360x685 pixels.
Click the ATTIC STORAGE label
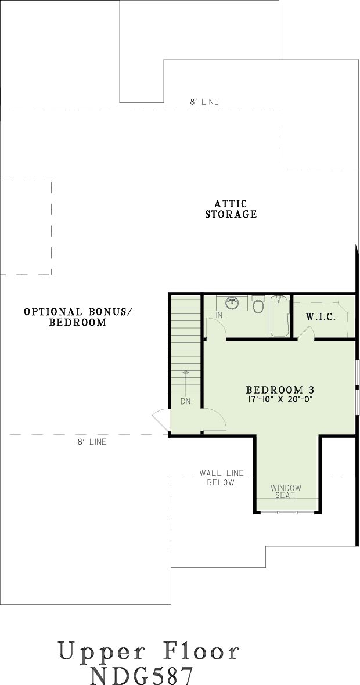(x=231, y=209)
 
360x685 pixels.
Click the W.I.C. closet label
(x=321, y=318)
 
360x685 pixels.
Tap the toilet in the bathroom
(x=258, y=304)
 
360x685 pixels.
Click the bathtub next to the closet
(x=280, y=316)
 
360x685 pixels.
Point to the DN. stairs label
(x=186, y=402)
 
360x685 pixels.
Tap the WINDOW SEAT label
(x=286, y=492)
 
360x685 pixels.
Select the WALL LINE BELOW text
(x=221, y=478)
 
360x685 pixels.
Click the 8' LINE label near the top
(x=204, y=102)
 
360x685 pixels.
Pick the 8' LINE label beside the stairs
(x=92, y=442)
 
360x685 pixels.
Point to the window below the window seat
(x=287, y=513)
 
